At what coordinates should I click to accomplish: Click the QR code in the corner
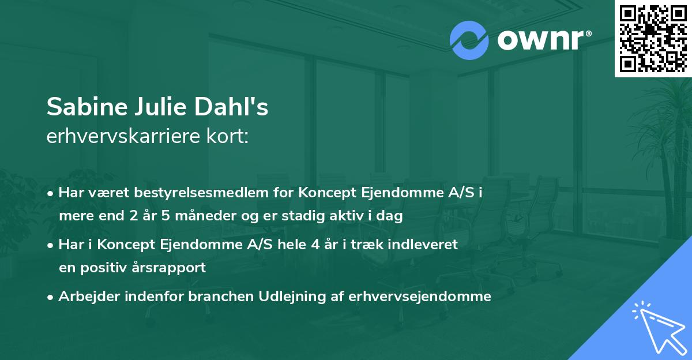pyautogui.click(x=653, y=38)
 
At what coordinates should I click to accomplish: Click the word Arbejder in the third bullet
pyautogui.click(x=84, y=297)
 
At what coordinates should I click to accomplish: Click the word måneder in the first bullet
pyautogui.click(x=186, y=217)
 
